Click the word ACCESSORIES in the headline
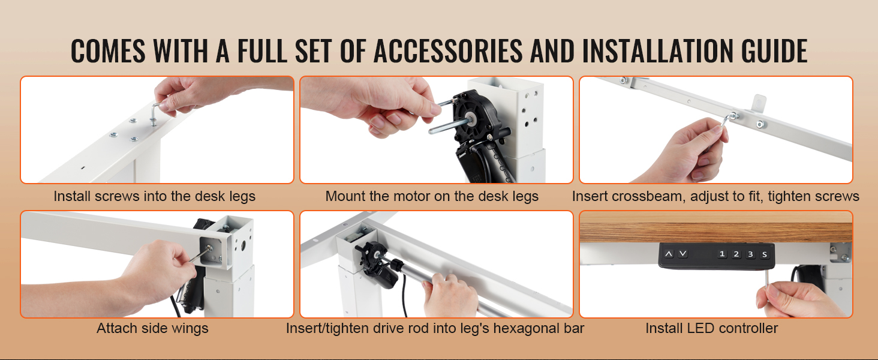[x=448, y=51]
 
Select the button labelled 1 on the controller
[x=722, y=254]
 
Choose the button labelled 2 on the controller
[x=736, y=254]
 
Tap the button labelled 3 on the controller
[x=750, y=254]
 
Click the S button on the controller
[x=764, y=254]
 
